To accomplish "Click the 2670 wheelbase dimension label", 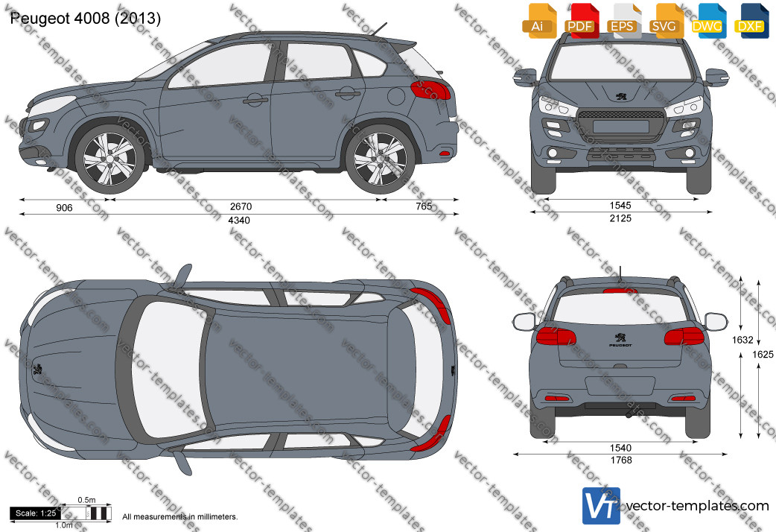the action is [241, 206].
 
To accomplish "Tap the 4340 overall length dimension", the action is [239, 221].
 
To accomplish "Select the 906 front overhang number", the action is [64, 208].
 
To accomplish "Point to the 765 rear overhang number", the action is [424, 206].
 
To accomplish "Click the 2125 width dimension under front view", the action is [620, 218].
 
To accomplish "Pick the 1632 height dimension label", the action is [742, 340].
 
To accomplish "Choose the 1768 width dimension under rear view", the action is [621, 460].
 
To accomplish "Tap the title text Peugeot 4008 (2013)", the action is [85, 19].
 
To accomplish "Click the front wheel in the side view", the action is [110, 159].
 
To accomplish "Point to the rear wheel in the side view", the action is [380, 159].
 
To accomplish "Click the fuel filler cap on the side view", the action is [396, 95].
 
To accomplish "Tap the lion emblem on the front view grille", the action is [620, 96].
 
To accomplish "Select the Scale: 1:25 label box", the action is [36, 513].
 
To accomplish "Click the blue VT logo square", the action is [601, 506].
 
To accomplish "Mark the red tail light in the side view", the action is [430, 90].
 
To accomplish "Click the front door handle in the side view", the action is [255, 101].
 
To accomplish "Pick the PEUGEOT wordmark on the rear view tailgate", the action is [620, 345].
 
